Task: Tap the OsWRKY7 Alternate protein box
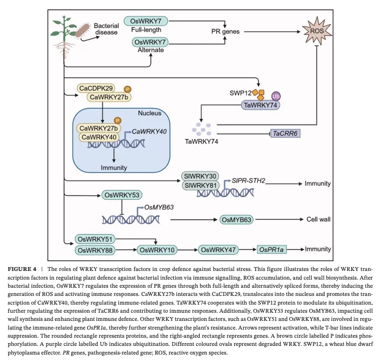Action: click(150, 42)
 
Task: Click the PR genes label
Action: click(225, 31)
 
